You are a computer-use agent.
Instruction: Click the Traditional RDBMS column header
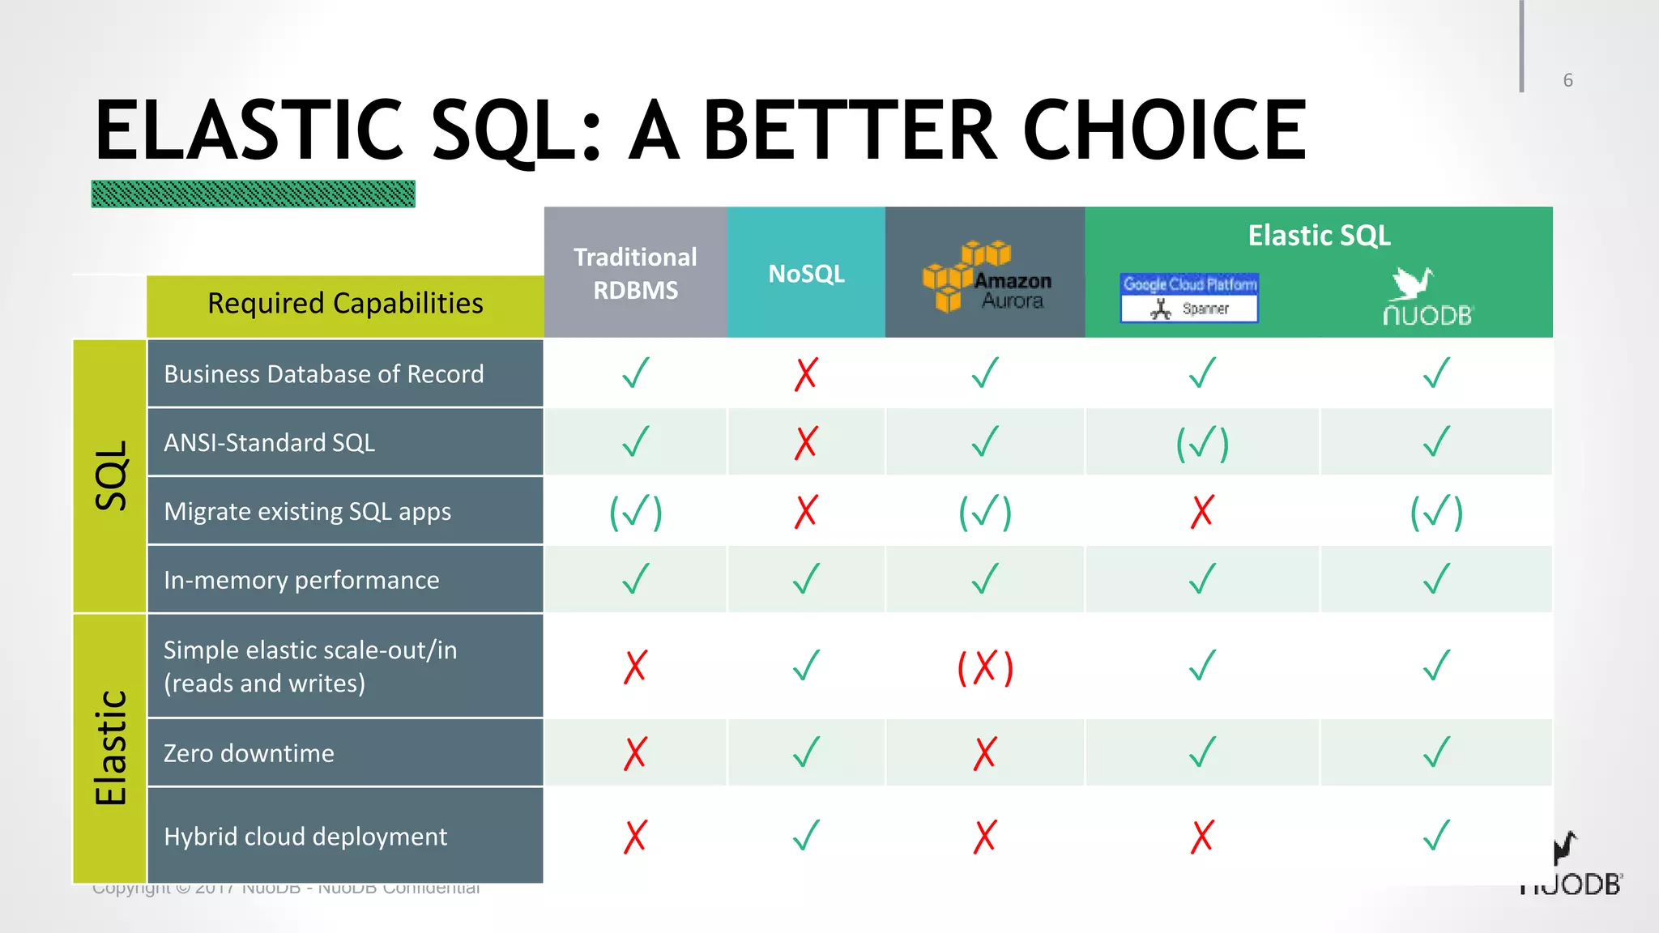coord(635,273)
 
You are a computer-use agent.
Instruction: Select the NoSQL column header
coord(806,274)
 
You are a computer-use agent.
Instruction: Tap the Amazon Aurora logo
coord(987,277)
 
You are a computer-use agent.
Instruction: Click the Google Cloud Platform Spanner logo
coord(1189,298)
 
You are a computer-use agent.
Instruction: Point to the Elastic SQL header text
coord(1319,236)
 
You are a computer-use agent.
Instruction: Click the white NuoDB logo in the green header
coord(1427,297)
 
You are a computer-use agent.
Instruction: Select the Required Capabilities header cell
coord(345,304)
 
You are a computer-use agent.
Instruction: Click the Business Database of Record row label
coord(323,374)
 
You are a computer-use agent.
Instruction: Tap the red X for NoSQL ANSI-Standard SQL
coord(806,443)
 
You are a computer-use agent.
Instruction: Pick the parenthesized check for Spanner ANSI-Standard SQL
coord(1202,444)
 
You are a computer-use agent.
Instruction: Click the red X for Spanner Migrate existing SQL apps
coord(1202,512)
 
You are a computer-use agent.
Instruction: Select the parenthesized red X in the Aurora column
coord(985,668)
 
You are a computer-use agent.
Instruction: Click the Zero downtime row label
coord(249,753)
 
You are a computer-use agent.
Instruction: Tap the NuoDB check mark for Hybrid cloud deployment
coord(1436,836)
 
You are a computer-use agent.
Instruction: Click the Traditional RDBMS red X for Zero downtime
coord(635,753)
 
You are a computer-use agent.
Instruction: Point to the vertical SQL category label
coord(111,475)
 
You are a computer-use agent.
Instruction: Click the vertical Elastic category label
coord(111,748)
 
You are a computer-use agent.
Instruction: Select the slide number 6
coord(1567,80)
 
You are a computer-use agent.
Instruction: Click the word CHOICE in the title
coord(1164,130)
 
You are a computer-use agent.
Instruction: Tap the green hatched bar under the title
coord(253,194)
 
